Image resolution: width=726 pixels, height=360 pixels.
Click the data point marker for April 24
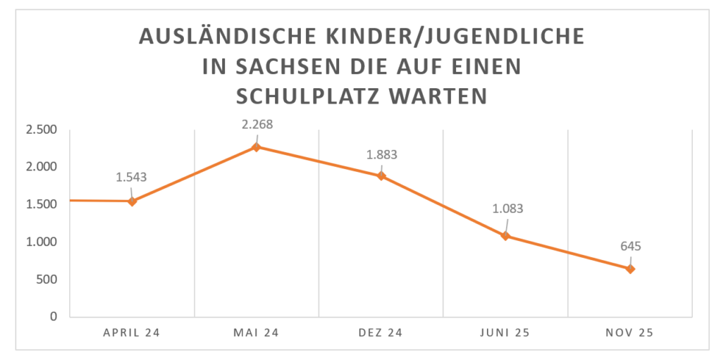(x=132, y=201)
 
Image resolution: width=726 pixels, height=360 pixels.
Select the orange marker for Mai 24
(x=257, y=147)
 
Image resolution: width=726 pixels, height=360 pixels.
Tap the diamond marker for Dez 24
(x=381, y=176)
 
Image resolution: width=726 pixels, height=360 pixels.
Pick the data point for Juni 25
(x=505, y=235)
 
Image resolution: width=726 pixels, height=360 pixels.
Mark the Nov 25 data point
(x=630, y=268)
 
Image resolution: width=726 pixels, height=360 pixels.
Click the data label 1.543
(x=131, y=177)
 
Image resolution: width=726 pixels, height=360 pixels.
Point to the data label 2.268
(x=257, y=125)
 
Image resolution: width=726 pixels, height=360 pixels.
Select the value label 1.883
(x=381, y=154)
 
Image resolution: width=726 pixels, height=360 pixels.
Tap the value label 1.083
(x=505, y=209)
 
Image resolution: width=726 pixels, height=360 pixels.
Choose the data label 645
(x=630, y=247)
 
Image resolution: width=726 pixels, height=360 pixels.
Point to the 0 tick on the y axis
(x=54, y=317)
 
